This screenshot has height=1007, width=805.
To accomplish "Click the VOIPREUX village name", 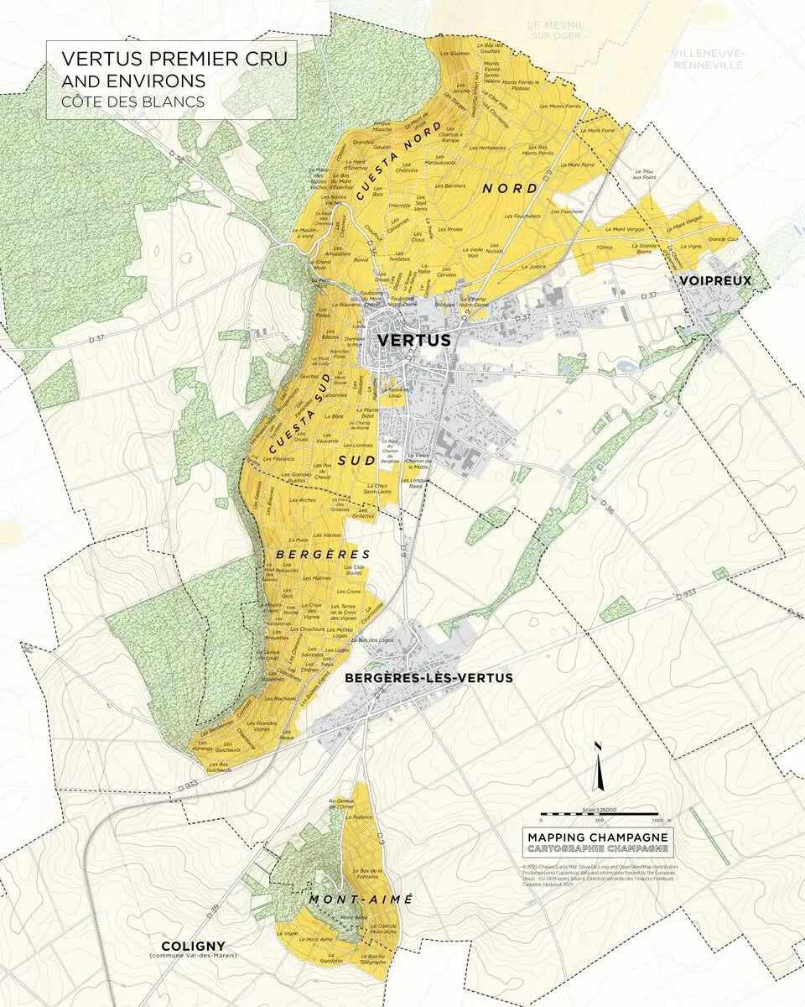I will point(715,280).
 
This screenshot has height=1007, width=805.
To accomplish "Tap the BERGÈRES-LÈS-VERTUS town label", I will point(428,677).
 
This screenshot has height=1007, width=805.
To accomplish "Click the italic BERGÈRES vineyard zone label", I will point(323,555).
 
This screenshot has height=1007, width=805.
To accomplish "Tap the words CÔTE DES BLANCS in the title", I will point(132,102).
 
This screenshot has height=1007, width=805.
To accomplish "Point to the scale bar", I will point(599,814).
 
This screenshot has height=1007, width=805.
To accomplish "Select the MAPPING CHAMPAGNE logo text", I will point(598,837).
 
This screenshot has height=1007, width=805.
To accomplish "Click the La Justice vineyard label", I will point(533,266).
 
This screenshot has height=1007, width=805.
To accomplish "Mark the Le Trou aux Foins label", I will point(645,174).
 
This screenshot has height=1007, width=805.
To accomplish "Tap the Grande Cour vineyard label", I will point(722,239).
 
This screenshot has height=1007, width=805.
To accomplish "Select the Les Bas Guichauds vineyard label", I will point(219,765).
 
